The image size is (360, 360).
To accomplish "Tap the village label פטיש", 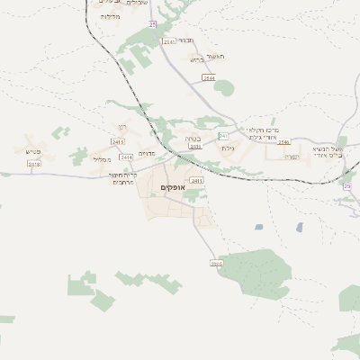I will pos(34,151).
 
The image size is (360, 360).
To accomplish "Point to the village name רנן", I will pos(121,129).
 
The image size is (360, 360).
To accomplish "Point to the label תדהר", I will pos(185,40).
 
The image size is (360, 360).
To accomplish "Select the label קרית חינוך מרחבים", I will pos(121,177).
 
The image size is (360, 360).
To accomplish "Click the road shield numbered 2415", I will pos(118,142).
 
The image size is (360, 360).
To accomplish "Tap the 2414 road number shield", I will pos(126,157).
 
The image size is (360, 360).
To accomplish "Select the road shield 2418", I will pos(34,164).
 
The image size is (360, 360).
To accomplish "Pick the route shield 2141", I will pos(169,41).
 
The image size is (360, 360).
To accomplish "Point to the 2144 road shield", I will pos(209,78).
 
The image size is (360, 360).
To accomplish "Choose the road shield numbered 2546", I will pos(284,142).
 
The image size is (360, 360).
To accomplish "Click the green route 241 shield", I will pos(223,136).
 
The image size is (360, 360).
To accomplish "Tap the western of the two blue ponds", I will pos(259,227).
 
